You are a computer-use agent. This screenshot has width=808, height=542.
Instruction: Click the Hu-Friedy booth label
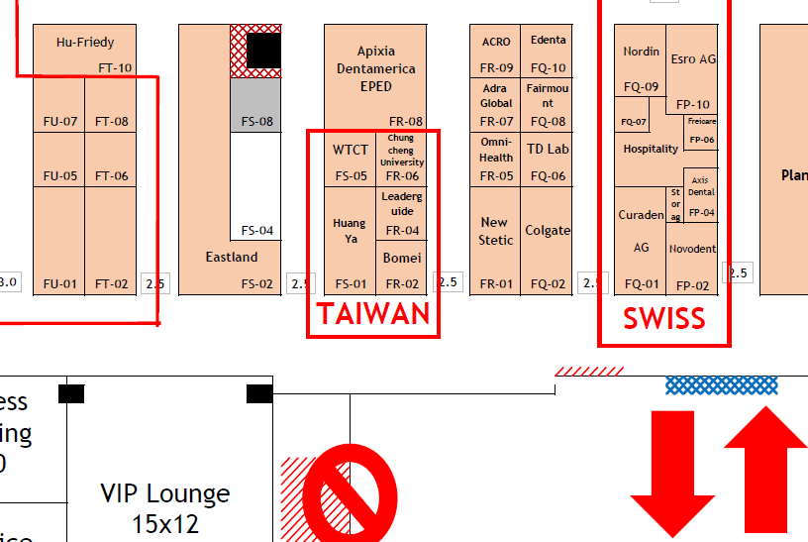pos(85,43)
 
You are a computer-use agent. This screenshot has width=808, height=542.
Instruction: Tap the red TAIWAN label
pos(373,314)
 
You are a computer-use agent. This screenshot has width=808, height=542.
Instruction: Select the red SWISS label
pos(663,318)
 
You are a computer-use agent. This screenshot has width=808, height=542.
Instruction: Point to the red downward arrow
pos(672,474)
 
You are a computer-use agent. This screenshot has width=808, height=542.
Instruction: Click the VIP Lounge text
pos(165,507)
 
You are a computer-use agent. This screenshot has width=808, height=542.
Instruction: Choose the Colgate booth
pos(548,231)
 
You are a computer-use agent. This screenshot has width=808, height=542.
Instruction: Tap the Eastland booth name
pos(232,258)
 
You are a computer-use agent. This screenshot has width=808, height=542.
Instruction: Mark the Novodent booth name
pos(691,250)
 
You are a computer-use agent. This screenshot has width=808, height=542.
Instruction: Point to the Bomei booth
pos(402,259)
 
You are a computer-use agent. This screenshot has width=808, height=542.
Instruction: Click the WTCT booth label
pos(351,151)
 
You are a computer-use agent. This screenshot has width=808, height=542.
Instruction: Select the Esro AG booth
pos(693,59)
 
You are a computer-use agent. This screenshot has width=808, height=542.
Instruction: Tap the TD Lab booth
pos(548,150)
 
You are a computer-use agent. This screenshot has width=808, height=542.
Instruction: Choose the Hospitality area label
pos(651,149)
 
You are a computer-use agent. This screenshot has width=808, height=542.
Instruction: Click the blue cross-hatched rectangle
pos(721,384)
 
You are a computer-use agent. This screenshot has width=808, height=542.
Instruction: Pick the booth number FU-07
pos(59,122)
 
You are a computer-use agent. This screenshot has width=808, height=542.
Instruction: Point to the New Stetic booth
pos(495,231)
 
